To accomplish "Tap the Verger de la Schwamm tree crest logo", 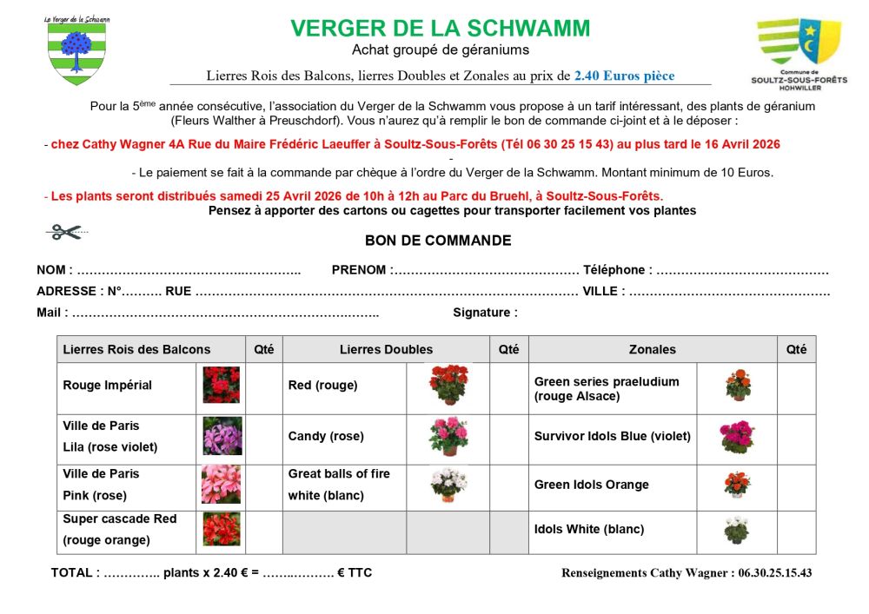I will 76,52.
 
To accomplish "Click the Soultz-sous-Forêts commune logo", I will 799,50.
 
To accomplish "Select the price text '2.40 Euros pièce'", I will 624,76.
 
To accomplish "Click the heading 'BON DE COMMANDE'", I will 438,241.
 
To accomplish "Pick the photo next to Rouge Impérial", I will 221,385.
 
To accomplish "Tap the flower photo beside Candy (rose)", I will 448,436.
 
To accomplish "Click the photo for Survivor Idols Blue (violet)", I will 737,437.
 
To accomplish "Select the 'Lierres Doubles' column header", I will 386,349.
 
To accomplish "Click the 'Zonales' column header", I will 652,349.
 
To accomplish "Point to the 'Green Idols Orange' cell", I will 592,485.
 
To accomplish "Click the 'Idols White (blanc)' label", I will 589,529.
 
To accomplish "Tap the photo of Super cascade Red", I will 221,529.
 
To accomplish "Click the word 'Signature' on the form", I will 484,313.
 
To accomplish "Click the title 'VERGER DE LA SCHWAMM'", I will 441,29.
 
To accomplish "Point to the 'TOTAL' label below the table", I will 75,572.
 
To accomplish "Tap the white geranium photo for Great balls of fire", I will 448,485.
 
